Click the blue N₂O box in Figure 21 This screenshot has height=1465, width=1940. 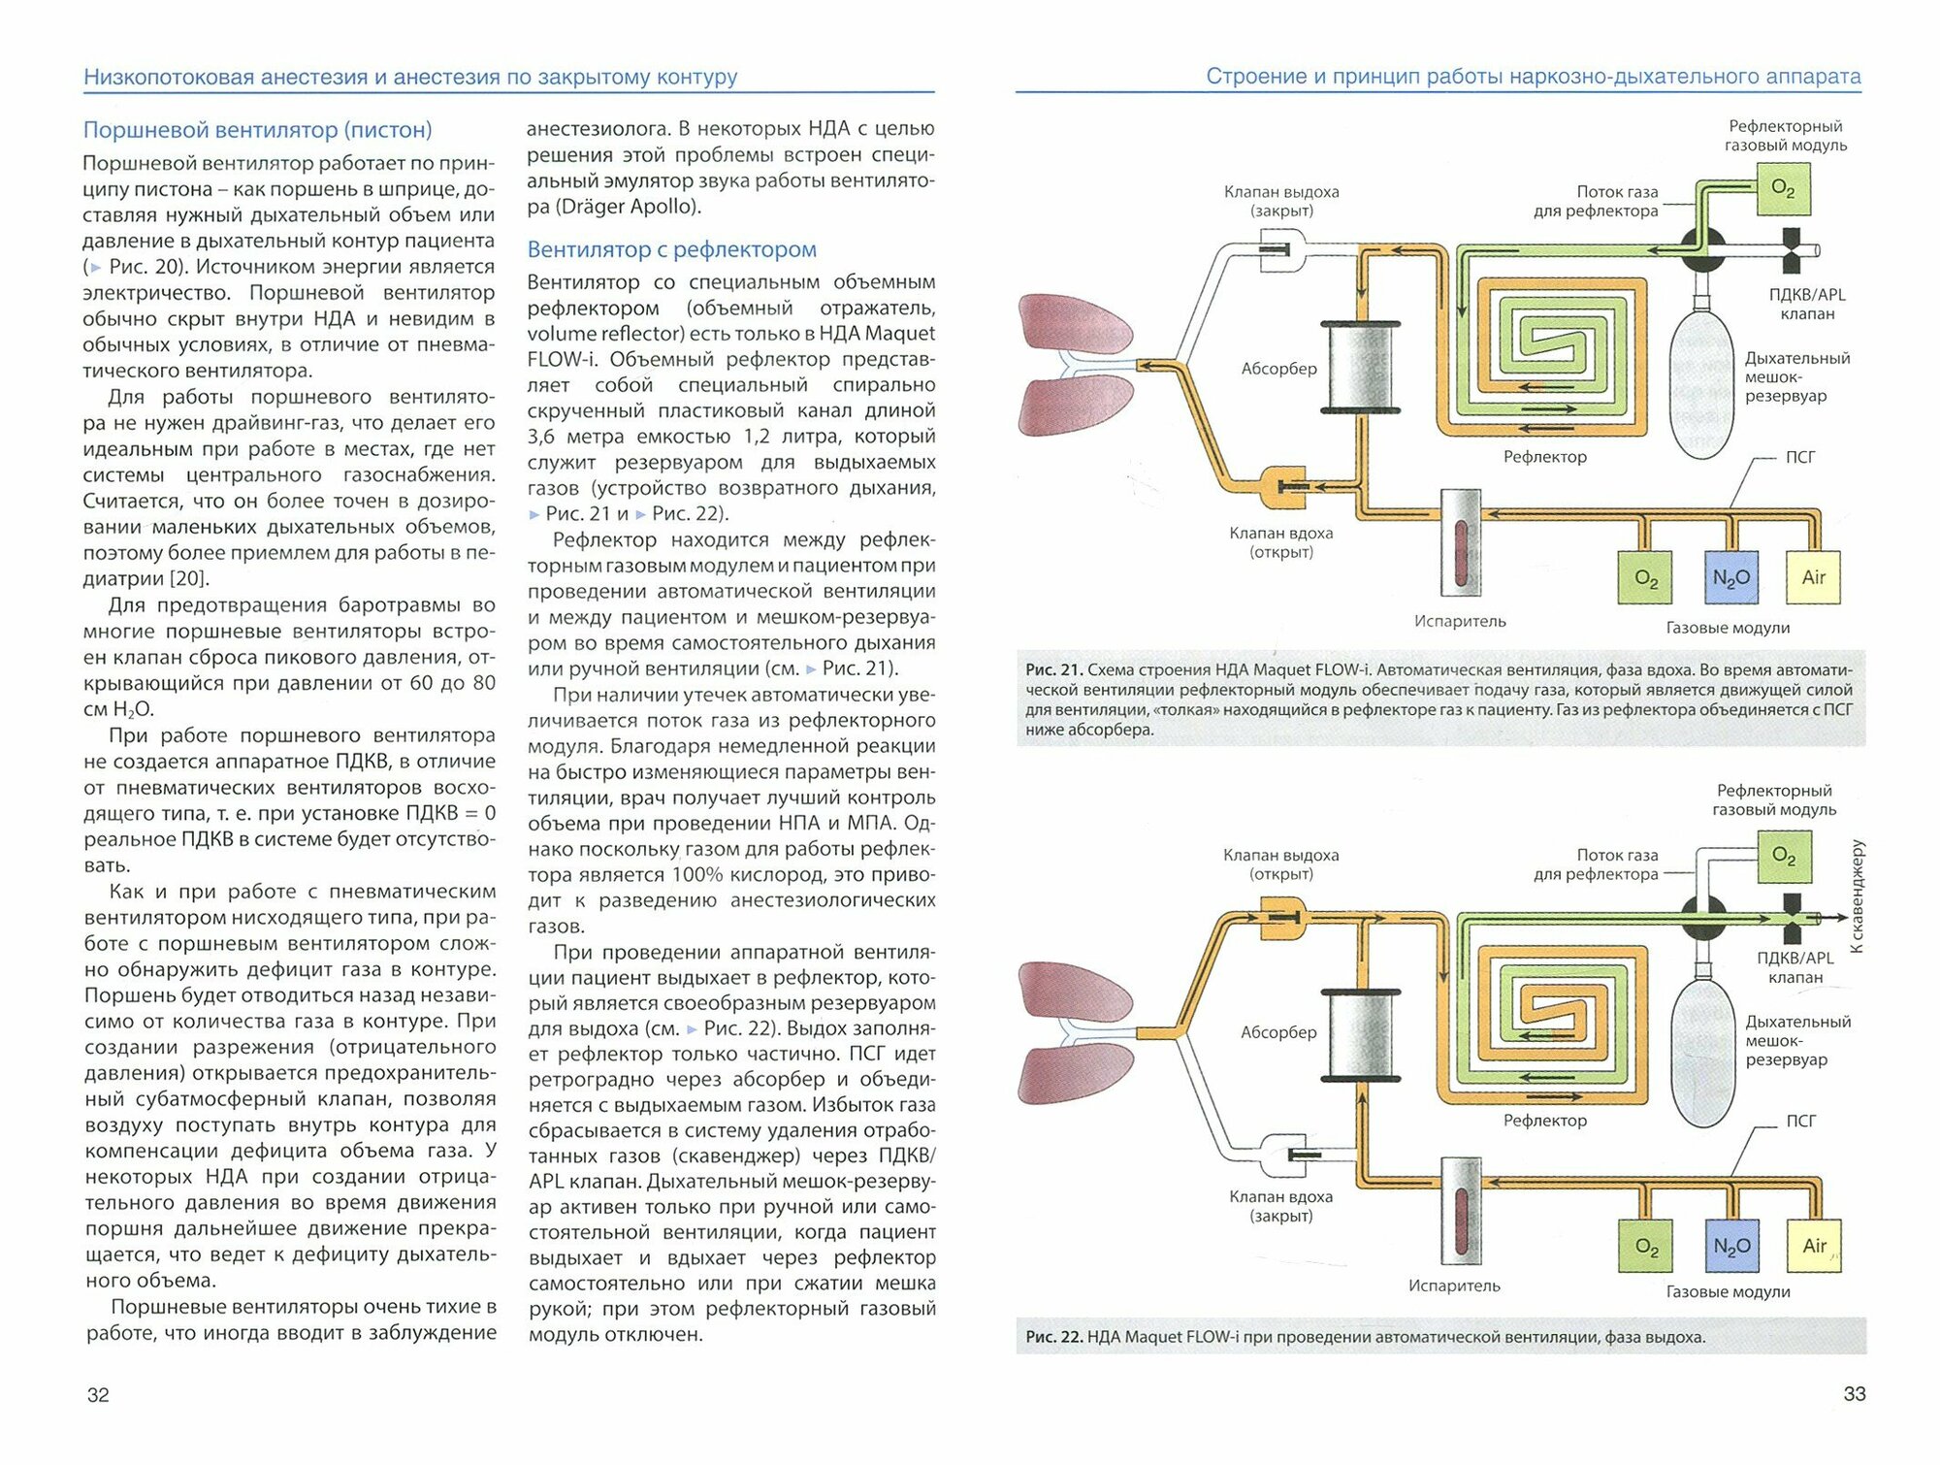tap(1730, 578)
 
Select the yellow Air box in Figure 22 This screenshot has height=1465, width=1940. tap(1814, 1246)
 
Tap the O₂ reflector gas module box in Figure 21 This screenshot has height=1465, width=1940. tap(1783, 188)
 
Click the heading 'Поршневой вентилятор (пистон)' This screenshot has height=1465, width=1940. tap(257, 130)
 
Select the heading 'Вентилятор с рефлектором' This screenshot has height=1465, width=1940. tap(671, 249)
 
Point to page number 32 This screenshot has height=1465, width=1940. tap(98, 1395)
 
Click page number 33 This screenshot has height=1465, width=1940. tap(1854, 1394)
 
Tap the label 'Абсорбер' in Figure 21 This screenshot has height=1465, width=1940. tap(1278, 369)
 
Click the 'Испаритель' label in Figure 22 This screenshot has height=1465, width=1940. tap(1454, 1286)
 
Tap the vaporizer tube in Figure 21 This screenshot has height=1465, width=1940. tap(1460, 543)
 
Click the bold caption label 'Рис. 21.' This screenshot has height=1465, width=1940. tap(1053, 670)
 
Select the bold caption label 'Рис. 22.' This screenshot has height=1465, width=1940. tap(1053, 1337)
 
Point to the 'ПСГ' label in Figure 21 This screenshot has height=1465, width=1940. tap(1800, 457)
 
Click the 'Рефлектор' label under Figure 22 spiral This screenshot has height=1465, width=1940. tap(1545, 1121)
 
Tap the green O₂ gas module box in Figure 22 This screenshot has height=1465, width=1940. tap(1646, 1247)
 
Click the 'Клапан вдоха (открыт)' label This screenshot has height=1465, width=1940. tap(1280, 542)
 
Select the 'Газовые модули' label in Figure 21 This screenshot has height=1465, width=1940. tap(1728, 628)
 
